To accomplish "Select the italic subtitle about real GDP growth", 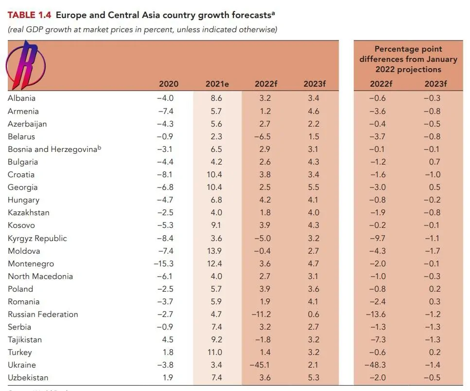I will (142, 29).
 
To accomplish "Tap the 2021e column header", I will (217, 84).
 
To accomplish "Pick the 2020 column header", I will (169, 84).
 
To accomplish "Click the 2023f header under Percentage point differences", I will (435, 84).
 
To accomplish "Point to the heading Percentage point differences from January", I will (408, 54).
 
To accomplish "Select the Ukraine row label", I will (22, 365).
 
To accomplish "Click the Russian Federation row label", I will (43, 314).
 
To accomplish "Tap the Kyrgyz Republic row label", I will (37, 238).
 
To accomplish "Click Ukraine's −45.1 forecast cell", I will (262, 365).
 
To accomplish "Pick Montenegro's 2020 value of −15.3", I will (164, 263).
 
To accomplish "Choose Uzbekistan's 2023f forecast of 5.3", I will (313, 377).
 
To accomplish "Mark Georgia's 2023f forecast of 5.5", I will (313, 187).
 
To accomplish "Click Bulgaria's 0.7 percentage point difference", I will (435, 162).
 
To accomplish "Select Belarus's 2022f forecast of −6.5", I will (262, 136).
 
